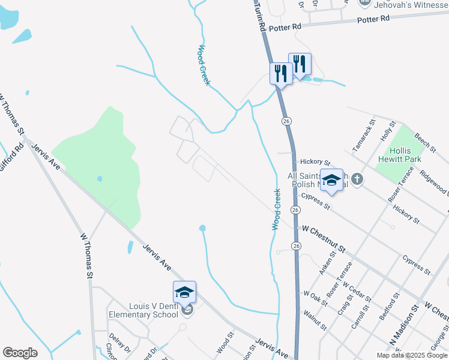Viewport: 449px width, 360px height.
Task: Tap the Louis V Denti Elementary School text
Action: click(x=144, y=310)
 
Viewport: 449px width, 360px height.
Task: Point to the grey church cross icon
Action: click(x=357, y=179)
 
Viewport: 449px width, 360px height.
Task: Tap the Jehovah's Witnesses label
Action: click(x=411, y=5)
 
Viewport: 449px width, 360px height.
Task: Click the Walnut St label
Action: click(x=315, y=320)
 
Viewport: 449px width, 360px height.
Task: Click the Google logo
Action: click(x=20, y=353)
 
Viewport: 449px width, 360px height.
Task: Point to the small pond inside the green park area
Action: click(x=99, y=178)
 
